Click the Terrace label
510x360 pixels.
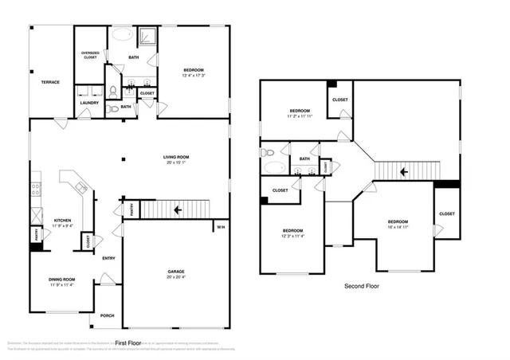tap(51, 81)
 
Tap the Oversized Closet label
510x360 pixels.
tap(90, 56)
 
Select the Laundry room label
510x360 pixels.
tap(90, 103)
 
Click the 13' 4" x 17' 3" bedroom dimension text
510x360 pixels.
tap(194, 76)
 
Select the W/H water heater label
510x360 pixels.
tap(220, 228)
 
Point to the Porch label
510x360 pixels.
tap(107, 316)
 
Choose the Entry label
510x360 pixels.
tap(108, 257)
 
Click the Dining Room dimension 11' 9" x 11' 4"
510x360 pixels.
tap(62, 284)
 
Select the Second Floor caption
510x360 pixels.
tap(361, 285)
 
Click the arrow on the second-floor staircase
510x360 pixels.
tap(404, 170)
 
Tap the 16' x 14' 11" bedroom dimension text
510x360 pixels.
tap(398, 227)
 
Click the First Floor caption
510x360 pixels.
tap(129, 343)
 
